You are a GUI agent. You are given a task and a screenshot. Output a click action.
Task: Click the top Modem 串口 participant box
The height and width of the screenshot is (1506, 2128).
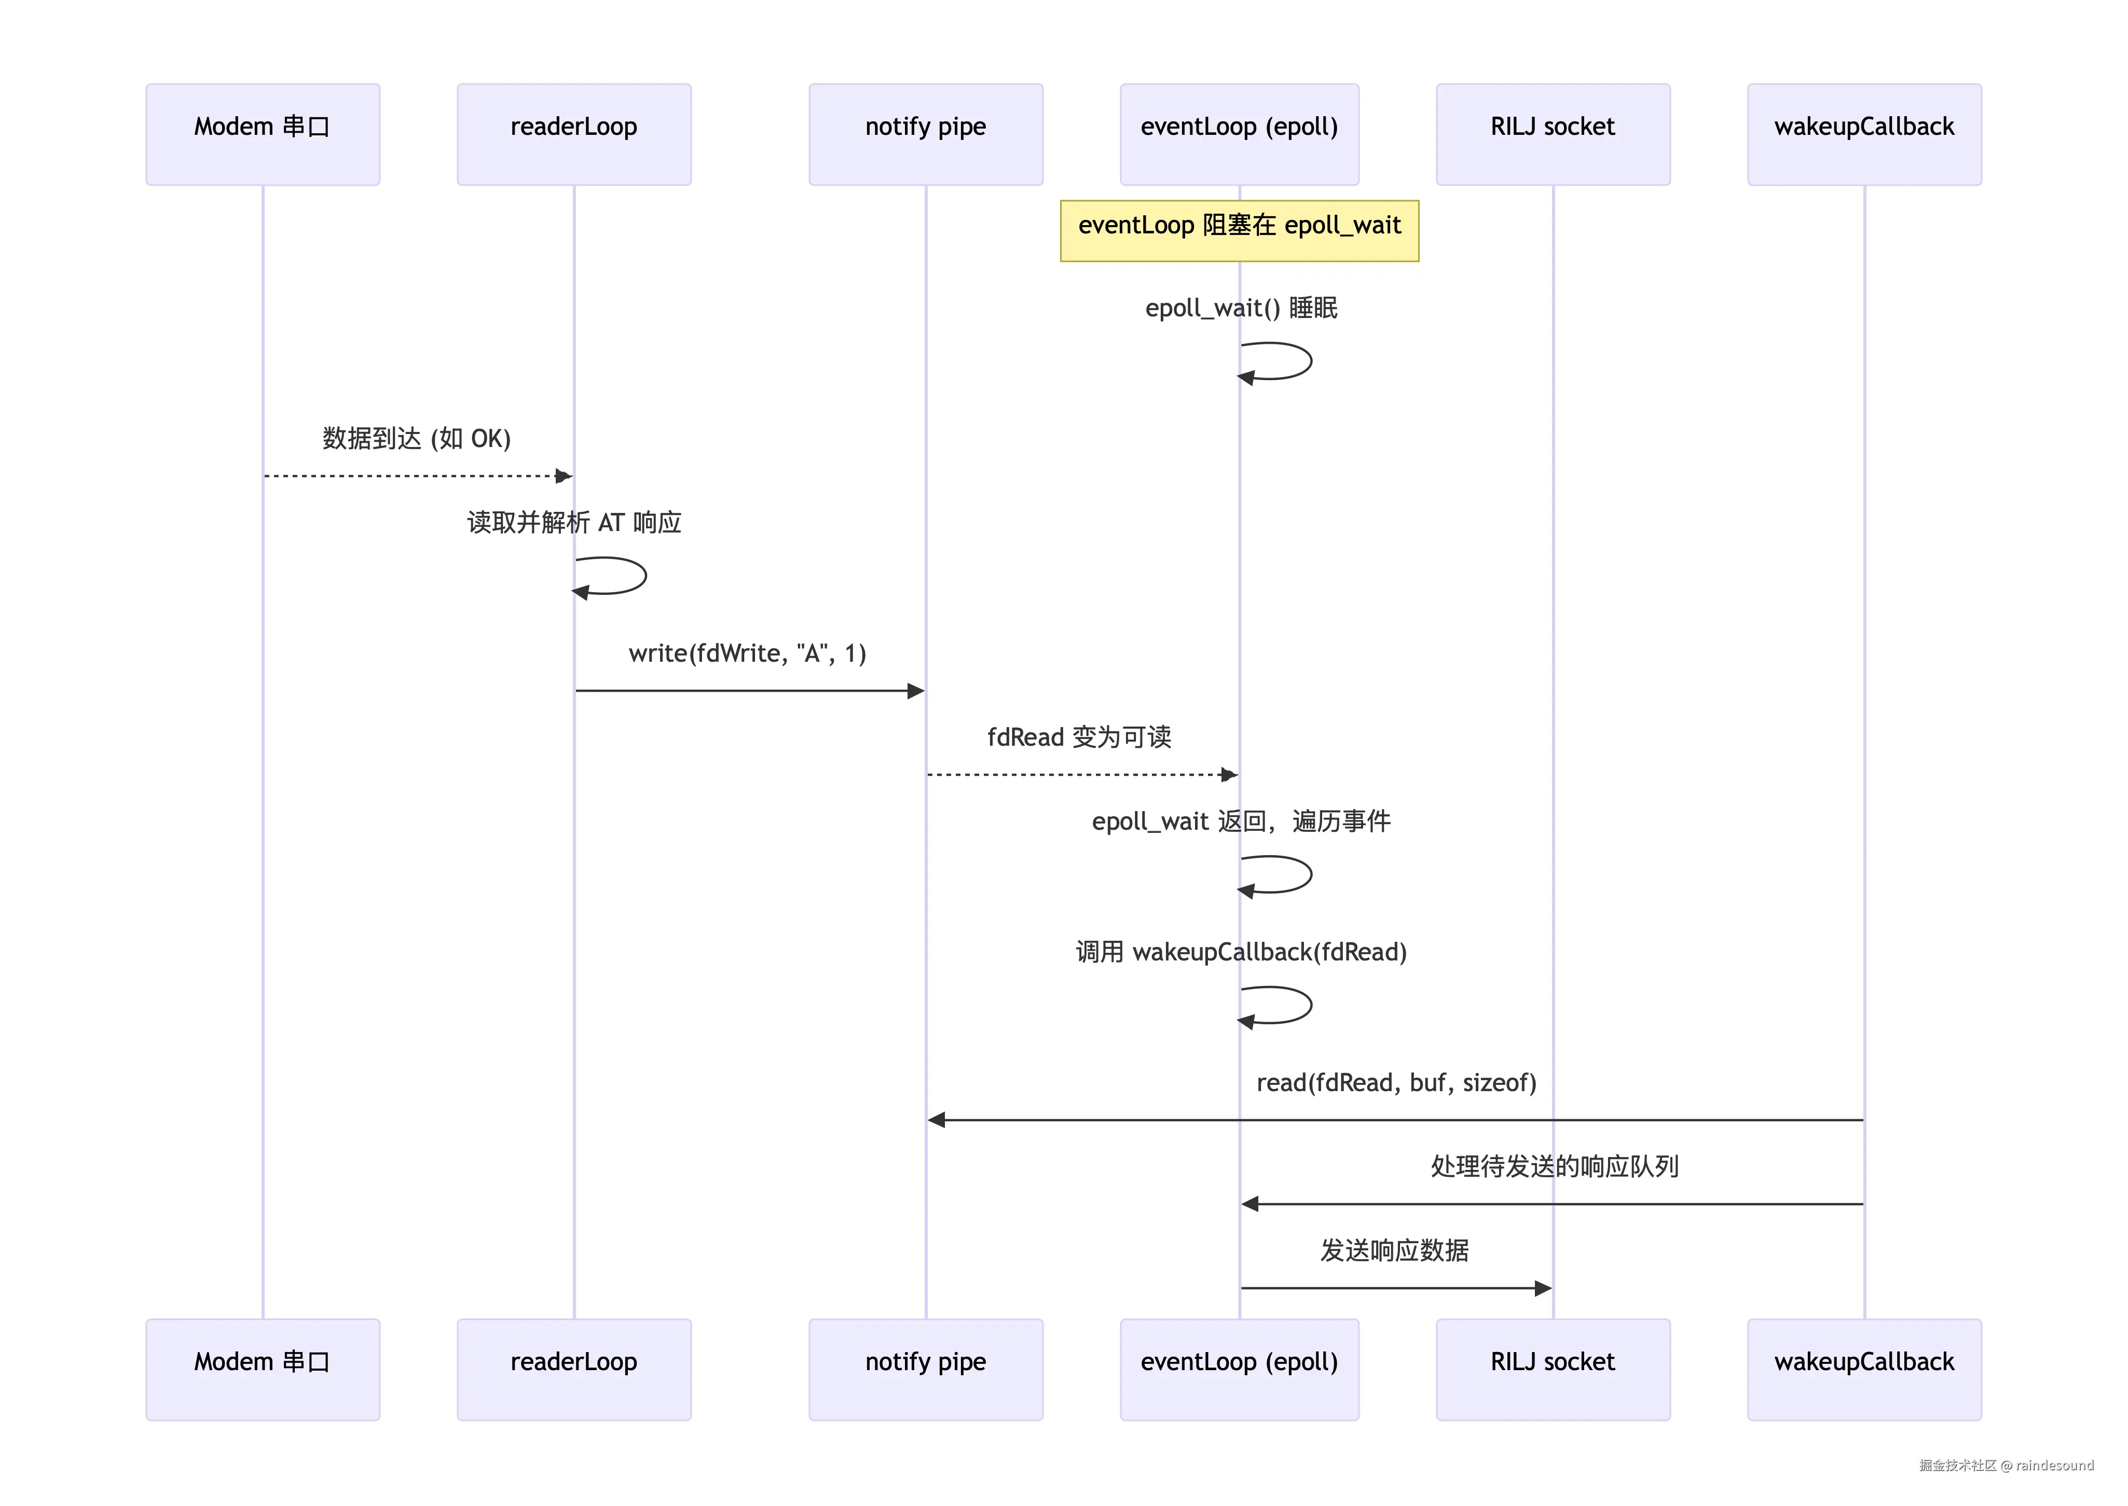263,134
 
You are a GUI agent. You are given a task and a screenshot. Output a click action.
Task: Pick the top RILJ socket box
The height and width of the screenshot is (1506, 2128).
1553,134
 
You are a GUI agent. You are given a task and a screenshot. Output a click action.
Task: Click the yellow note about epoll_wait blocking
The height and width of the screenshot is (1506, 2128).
1239,231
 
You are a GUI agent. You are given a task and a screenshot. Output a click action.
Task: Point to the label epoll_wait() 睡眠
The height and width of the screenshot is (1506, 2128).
1241,308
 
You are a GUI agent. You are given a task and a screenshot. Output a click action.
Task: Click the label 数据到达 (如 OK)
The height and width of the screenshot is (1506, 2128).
417,439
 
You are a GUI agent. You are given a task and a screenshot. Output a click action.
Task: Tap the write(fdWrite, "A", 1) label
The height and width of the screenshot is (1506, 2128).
748,654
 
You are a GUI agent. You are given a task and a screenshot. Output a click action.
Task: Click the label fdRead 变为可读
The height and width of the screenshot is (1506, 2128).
1079,737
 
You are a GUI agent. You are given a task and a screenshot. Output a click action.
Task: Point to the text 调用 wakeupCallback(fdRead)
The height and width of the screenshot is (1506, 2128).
1241,952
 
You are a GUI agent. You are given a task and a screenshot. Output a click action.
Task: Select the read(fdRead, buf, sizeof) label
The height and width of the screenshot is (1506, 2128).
1396,1083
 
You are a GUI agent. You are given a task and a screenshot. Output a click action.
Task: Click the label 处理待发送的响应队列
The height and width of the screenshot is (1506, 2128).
1555,1167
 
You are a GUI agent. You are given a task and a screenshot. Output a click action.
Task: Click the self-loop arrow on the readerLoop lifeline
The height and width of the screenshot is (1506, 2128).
646,576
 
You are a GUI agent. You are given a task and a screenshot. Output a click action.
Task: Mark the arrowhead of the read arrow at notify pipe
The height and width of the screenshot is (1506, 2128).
936,1120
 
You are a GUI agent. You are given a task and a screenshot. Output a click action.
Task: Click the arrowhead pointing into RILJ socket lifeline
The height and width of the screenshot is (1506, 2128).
1544,1288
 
